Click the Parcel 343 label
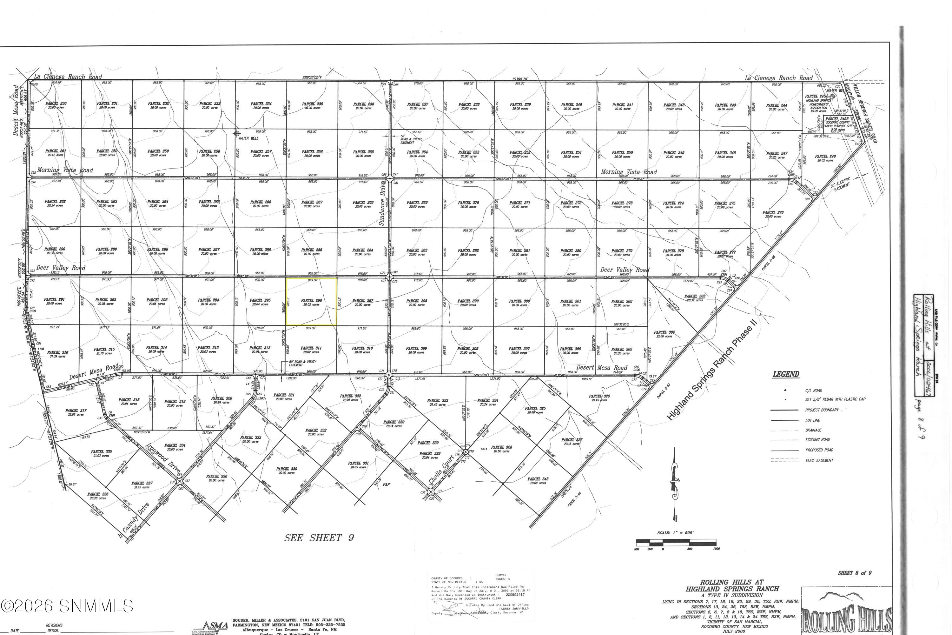point(538,479)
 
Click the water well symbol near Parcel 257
point(237,133)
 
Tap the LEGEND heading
point(786,374)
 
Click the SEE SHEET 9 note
point(319,538)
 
